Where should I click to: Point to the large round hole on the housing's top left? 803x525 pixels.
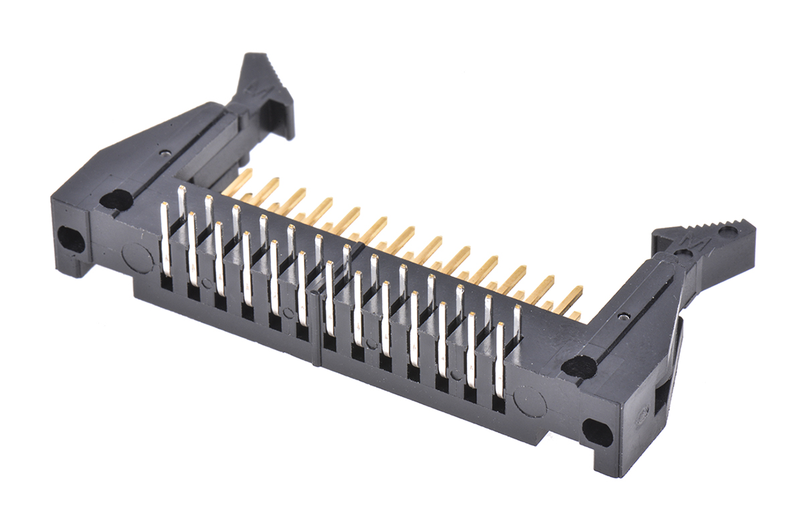click(115, 199)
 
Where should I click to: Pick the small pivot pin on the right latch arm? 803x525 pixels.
click(623, 316)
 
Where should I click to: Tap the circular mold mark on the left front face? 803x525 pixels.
click(137, 258)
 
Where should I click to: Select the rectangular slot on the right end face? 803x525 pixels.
click(660, 399)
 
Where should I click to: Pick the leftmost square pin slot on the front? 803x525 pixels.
click(166, 283)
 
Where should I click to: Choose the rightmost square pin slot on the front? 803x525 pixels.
click(499, 403)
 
